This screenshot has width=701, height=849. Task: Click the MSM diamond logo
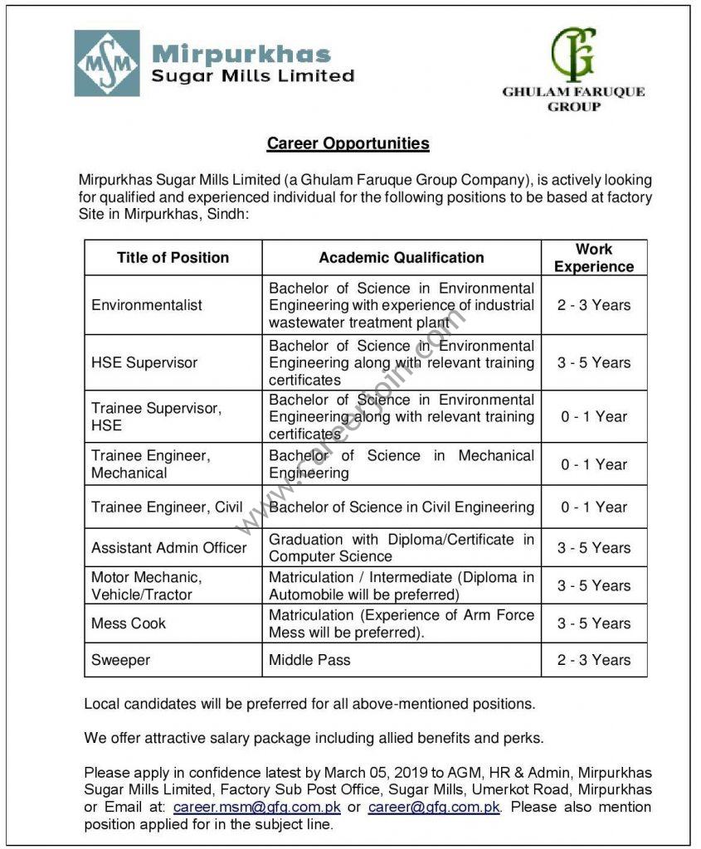(107, 63)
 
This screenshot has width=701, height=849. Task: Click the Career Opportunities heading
(348, 143)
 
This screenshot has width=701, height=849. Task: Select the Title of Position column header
(173, 258)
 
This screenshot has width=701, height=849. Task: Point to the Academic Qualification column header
(402, 258)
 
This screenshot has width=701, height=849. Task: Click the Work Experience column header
(594, 258)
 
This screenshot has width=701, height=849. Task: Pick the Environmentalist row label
(147, 305)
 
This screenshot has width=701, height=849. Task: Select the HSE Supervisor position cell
(144, 362)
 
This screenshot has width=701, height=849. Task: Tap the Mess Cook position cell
(129, 623)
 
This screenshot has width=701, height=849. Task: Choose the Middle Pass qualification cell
(309, 660)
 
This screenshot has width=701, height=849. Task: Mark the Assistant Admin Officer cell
(169, 547)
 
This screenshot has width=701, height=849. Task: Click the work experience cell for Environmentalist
(594, 305)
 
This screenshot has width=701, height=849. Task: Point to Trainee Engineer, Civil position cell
(167, 507)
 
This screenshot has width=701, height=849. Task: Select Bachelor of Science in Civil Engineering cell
(402, 507)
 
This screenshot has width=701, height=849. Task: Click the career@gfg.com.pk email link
(434, 807)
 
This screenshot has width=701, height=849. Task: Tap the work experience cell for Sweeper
(594, 660)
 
